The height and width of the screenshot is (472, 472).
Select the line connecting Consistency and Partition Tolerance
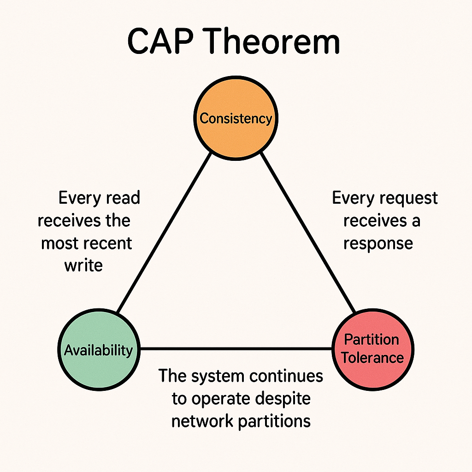[308, 233]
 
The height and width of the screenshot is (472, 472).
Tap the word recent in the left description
[108, 243]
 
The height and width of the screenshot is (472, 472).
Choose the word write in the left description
[83, 265]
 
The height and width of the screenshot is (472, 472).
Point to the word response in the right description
[378, 243]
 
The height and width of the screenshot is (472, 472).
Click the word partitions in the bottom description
[274, 421]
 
